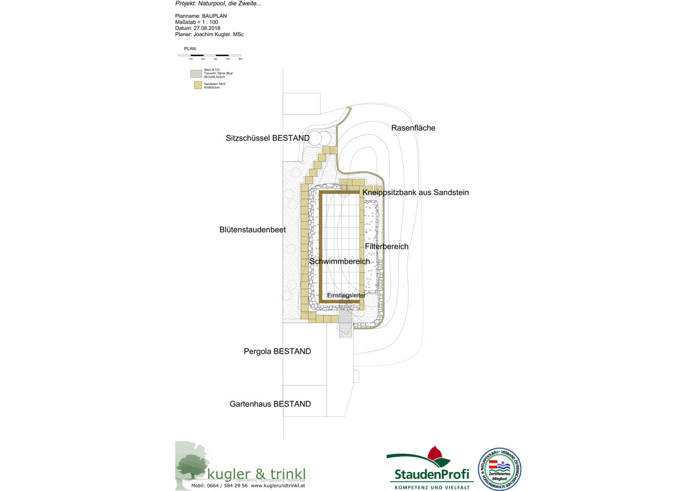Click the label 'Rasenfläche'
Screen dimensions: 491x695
413,128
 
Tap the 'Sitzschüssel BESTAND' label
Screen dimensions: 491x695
267,138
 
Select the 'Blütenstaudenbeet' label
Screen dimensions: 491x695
253,230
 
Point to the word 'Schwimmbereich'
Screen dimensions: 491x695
339,261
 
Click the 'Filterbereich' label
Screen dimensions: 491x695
386,246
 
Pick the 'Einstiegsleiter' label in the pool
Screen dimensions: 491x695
346,296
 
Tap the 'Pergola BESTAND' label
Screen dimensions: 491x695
277,352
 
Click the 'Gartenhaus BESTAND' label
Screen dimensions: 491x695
270,404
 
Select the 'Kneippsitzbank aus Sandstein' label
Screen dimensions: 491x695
415,192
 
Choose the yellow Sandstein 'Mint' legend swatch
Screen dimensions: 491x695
197,86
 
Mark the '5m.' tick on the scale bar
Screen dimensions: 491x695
240,59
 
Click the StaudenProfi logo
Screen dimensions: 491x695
430,468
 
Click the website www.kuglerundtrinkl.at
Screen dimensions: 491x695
278,486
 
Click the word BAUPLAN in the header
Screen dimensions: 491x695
215,16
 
